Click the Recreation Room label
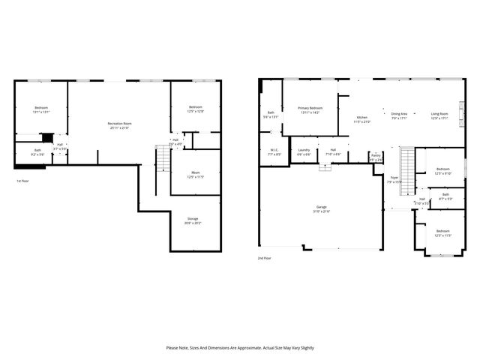coord(119,123)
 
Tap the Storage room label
coord(193,218)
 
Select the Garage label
coord(321,207)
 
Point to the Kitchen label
coord(361,118)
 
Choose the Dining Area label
coord(399,113)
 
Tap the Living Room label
coord(439,113)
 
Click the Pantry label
coord(376,156)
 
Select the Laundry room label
coord(304,150)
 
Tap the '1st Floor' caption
coord(23,181)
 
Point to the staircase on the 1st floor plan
coord(163,159)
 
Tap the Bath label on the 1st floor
coord(37,149)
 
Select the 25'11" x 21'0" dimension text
coord(119,127)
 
